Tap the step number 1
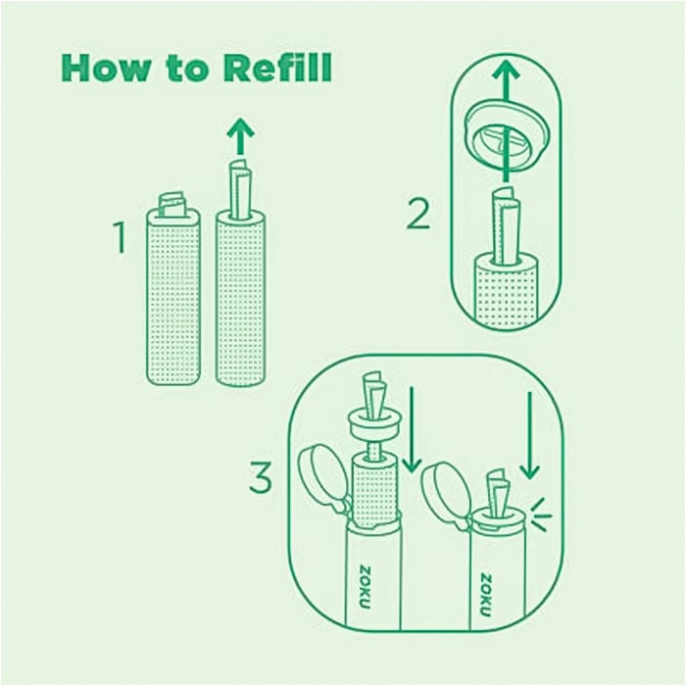coord(121,238)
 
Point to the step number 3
coord(260,479)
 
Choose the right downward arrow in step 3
coord(529,435)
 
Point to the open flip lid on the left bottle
coord(318,475)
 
